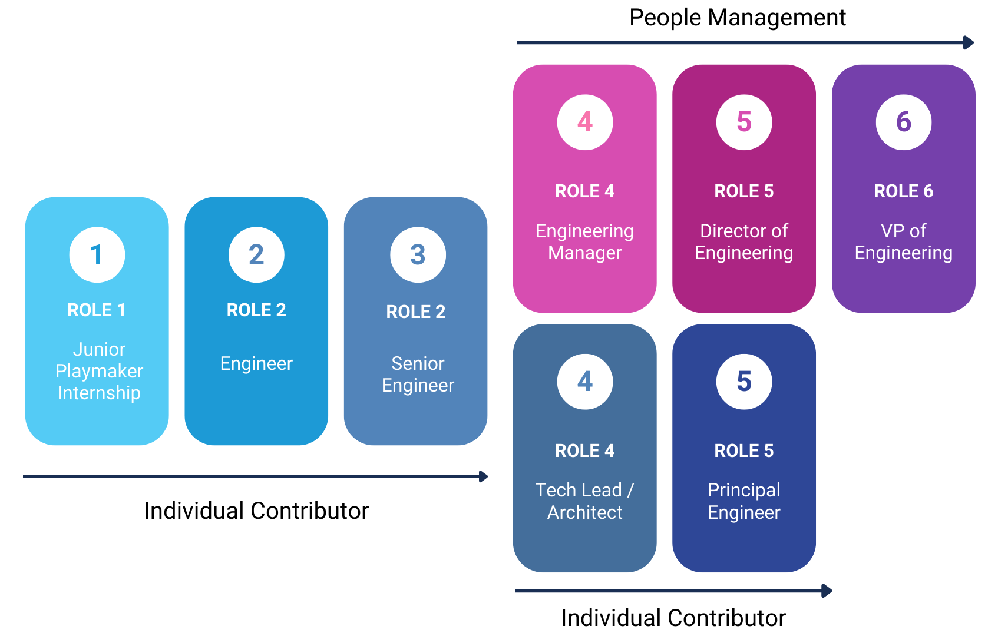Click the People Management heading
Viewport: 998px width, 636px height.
point(737,18)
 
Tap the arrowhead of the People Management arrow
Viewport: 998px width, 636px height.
point(968,42)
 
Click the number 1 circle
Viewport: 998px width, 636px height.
point(97,255)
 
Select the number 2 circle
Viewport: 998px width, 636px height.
point(256,255)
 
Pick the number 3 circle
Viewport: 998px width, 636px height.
point(418,255)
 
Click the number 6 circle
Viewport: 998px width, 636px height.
point(903,122)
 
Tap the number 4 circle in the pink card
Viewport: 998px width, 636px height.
point(585,122)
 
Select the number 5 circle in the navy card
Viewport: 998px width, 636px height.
point(744,382)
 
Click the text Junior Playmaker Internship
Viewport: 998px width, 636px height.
point(99,371)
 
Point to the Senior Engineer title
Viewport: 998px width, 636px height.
point(418,374)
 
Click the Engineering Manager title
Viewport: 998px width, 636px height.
point(585,241)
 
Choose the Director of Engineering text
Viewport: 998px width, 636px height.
point(744,241)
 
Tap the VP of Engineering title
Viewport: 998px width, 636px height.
point(903,241)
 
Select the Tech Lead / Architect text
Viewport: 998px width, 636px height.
point(585,501)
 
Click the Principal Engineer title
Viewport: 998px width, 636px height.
point(744,501)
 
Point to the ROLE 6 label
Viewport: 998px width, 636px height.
point(903,191)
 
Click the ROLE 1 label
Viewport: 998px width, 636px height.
point(97,310)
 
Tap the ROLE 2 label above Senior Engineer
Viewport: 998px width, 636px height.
point(416,312)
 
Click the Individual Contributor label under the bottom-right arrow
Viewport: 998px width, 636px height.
point(673,618)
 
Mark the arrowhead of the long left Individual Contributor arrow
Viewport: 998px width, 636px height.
point(484,476)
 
